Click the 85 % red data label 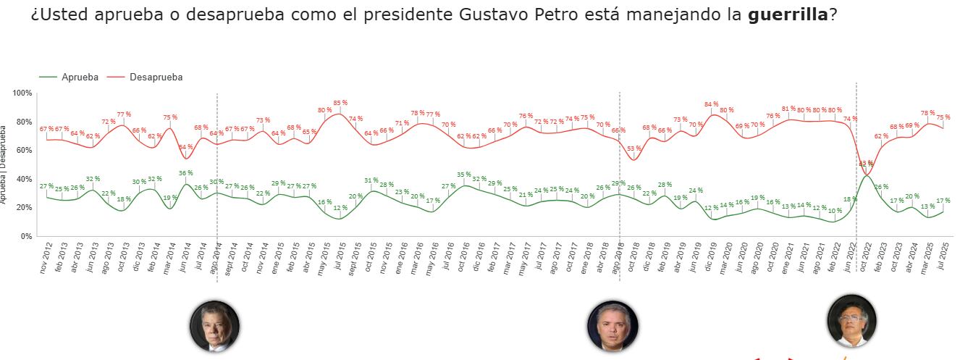click(x=340, y=103)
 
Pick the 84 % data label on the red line click(x=711, y=104)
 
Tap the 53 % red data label click(x=634, y=148)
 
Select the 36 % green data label click(x=185, y=173)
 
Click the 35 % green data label click(x=464, y=175)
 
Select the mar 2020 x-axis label click(x=723, y=257)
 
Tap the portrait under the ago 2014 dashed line click(x=214, y=326)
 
